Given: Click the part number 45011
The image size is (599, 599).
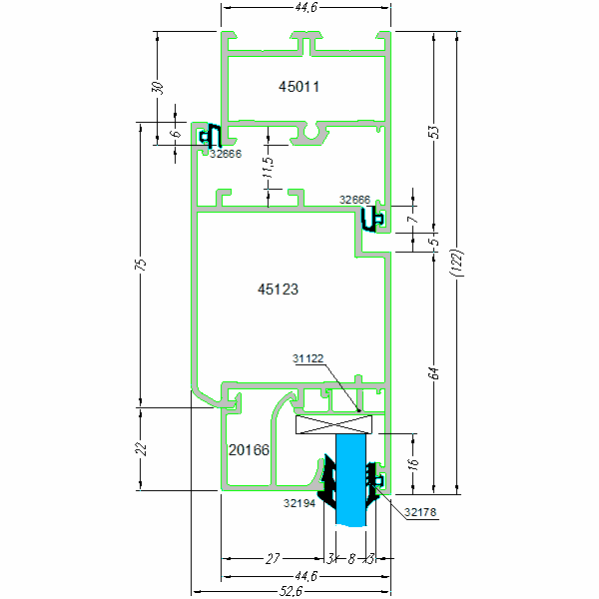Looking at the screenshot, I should [299, 87].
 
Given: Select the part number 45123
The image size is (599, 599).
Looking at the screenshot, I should [279, 290].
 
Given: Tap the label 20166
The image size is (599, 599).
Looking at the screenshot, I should [249, 450].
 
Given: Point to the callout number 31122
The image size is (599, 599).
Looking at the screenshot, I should [308, 358].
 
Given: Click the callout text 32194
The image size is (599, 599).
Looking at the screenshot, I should [299, 504].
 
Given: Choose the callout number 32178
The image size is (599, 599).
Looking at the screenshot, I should [421, 513].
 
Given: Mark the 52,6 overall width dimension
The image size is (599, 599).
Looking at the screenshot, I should [291, 591].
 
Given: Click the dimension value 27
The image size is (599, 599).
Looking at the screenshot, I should [273, 559].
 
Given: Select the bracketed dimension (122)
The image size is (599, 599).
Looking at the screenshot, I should [458, 264].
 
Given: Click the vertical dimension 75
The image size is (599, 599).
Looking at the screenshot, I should [141, 265].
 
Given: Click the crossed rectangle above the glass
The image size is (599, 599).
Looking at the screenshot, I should [334, 424].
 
